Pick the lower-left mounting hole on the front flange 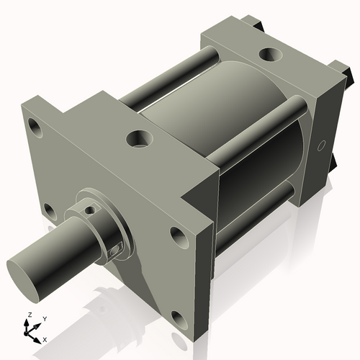(x=49, y=211)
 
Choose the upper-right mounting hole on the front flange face (x=177, y=234)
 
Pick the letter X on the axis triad (x=45, y=338)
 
